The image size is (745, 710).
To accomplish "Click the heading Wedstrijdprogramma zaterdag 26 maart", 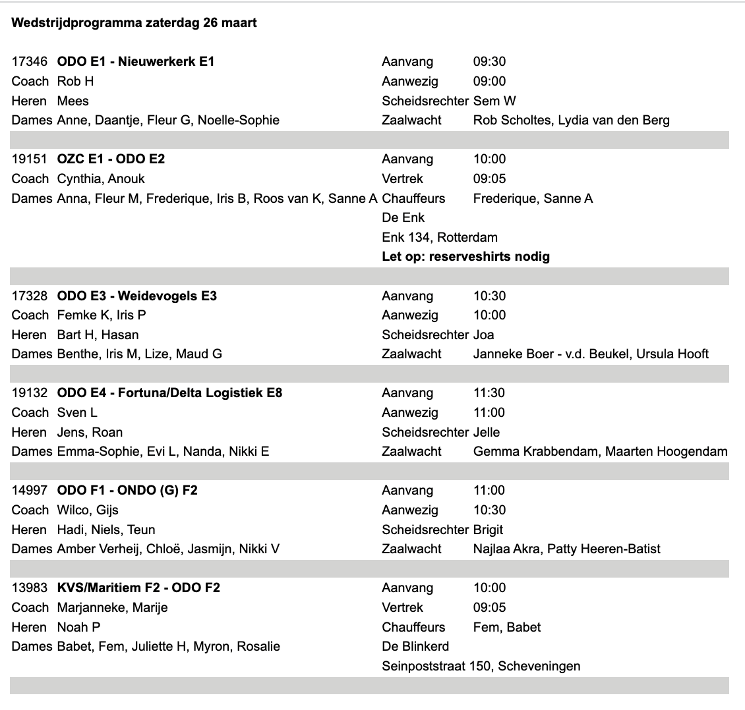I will (x=134, y=23).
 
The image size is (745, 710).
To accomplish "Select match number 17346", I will (x=30, y=62).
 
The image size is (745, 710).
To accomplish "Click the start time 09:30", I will (x=489, y=62).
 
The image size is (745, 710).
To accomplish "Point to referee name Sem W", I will (x=494, y=101).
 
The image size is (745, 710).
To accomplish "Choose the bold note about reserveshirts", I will (x=465, y=257).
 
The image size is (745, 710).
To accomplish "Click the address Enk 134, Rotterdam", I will (x=439, y=237).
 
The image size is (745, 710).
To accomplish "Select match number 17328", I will (x=30, y=296).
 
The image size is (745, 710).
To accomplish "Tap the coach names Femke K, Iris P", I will (x=102, y=315).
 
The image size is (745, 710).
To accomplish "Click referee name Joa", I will (x=483, y=335).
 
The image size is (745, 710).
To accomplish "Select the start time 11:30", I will (x=489, y=393).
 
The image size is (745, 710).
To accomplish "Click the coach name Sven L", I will (x=77, y=413).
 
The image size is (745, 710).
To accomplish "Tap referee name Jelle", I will (x=487, y=432).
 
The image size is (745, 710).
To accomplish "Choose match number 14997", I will (x=30, y=491).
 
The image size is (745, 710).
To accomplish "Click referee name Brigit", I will (x=488, y=530).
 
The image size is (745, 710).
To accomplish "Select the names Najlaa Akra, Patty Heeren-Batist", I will (x=566, y=549).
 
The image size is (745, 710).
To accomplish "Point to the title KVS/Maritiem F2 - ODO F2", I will (x=138, y=588).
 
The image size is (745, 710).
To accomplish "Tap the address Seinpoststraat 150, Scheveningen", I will (x=481, y=666).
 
